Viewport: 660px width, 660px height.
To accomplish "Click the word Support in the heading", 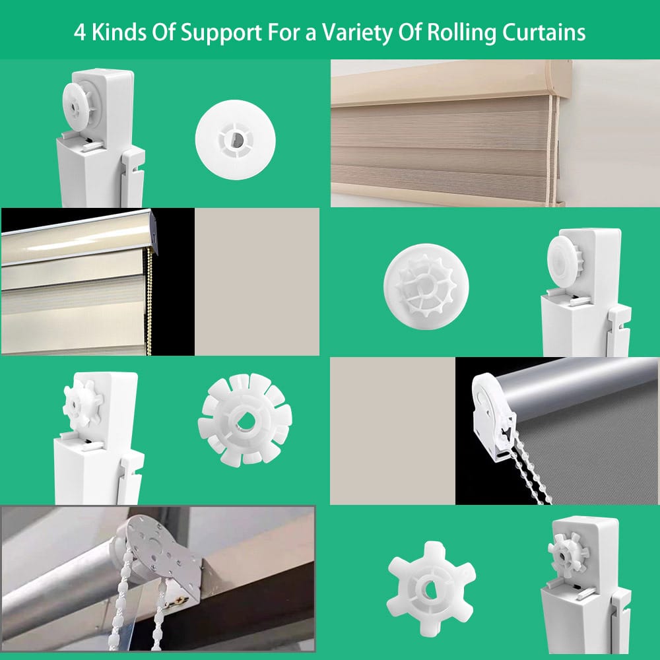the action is [221, 32].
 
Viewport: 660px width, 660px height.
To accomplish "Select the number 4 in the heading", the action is [79, 32].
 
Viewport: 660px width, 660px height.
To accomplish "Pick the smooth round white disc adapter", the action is [236, 140].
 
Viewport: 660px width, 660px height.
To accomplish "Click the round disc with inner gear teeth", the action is [426, 286].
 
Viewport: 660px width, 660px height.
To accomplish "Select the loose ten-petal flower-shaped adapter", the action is [245, 420].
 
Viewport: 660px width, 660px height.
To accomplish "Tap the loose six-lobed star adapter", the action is [431, 589].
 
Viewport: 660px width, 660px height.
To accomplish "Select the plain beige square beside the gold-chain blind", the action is [257, 282].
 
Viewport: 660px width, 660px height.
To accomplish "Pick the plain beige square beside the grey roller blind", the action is [392, 430].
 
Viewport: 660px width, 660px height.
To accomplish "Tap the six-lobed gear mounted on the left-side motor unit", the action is [82, 403].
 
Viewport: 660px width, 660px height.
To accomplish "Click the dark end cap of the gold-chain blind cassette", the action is [154, 234].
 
